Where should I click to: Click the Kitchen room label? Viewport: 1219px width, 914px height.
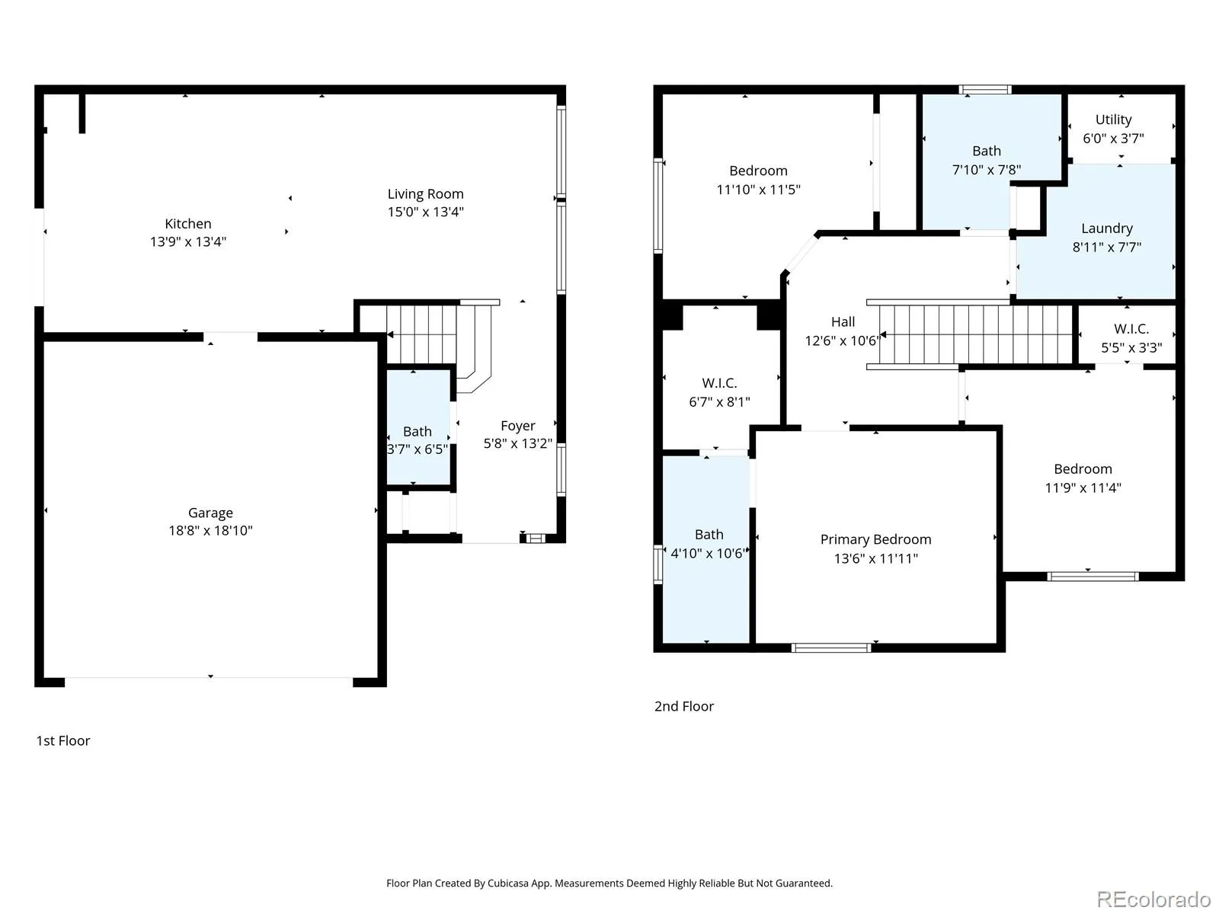click(x=187, y=224)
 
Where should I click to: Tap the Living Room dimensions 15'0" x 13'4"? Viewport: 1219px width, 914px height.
click(x=425, y=212)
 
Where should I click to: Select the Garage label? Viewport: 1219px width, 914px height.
click(x=210, y=513)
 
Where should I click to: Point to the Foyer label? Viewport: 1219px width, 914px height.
click(x=517, y=426)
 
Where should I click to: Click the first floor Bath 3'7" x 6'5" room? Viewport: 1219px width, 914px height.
click(x=418, y=427)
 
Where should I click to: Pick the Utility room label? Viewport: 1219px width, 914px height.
click(x=1113, y=120)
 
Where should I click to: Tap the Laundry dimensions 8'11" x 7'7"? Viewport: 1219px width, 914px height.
click(x=1106, y=248)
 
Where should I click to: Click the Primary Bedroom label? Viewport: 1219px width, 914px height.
click(x=875, y=539)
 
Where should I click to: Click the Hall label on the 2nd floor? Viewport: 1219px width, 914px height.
click(x=843, y=322)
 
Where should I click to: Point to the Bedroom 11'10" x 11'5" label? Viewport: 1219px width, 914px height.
click(x=758, y=171)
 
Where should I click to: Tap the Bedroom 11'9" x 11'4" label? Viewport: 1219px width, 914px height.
click(x=1083, y=469)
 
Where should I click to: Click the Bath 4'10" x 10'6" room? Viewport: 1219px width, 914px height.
click(x=705, y=549)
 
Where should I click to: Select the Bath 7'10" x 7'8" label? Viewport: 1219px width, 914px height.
click(x=987, y=151)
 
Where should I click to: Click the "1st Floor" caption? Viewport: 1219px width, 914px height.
click(x=62, y=741)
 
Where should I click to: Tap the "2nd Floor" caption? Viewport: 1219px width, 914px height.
click(x=683, y=707)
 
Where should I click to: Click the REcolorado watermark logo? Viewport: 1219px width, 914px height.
click(x=1153, y=899)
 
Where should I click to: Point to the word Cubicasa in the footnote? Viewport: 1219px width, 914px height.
click(x=508, y=883)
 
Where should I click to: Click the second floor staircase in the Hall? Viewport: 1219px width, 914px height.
click(x=970, y=334)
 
